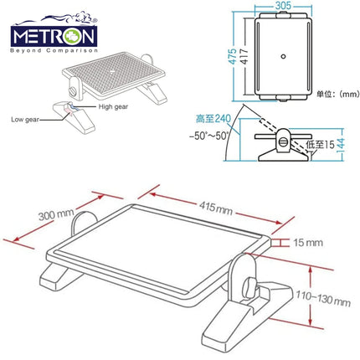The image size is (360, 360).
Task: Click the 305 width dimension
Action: [x=284, y=7]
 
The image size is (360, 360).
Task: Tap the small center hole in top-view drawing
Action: [x=285, y=55]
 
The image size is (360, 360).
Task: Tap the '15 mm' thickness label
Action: [x=306, y=243]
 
